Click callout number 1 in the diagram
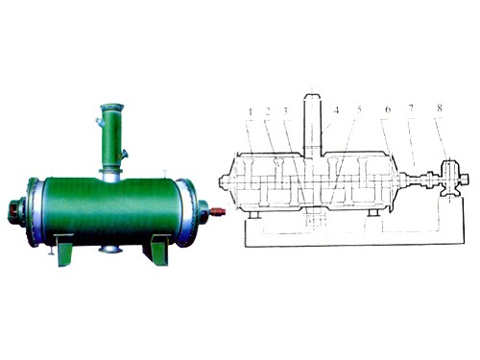point(251,111)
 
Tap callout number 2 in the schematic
point(268,111)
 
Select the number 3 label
point(285,111)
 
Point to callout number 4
point(336,110)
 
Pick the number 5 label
point(359,109)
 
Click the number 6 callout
point(388,109)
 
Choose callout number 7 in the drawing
point(411,108)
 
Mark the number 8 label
point(440,108)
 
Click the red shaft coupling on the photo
point(218,211)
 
